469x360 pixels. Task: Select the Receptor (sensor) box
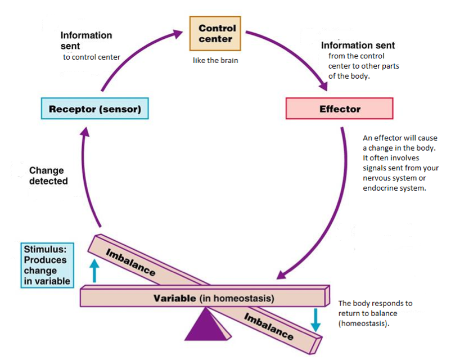[95, 109]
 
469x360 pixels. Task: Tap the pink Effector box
[339, 109]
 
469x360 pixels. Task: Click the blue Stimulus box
[48, 265]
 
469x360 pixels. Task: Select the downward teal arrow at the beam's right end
[316, 319]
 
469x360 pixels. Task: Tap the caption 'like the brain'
[215, 60]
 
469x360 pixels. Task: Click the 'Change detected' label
[48, 175]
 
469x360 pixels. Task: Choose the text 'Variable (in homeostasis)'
[214, 298]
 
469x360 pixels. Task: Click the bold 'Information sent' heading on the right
[358, 45]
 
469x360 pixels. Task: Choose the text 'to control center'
[92, 57]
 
